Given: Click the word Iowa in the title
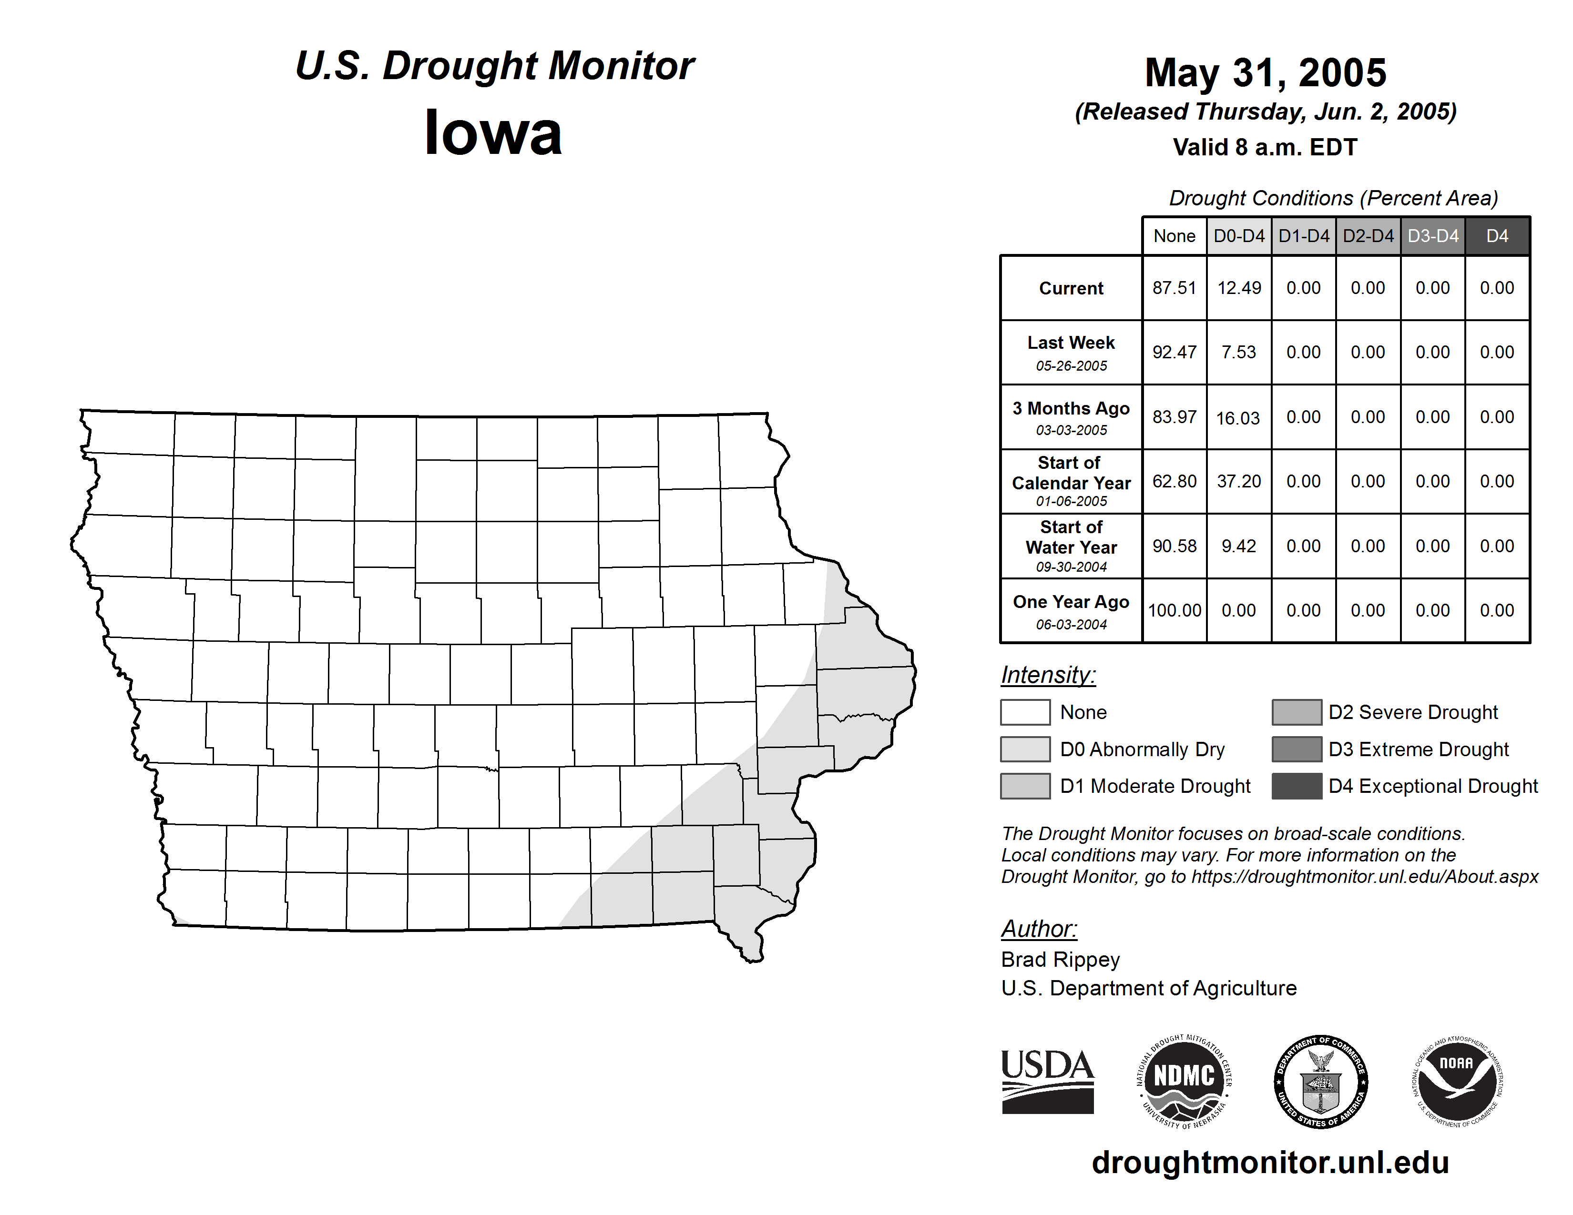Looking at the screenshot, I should (493, 133).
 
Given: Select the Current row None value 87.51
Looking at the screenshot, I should (1174, 288).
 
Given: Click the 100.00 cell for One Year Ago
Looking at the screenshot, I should (1174, 610).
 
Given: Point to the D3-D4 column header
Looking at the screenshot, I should (1432, 236).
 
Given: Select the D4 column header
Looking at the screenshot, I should (1497, 236).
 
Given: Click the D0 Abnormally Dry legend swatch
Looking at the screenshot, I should (1025, 749).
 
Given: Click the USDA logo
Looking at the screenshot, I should (1047, 1081).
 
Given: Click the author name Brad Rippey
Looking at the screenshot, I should (1060, 960).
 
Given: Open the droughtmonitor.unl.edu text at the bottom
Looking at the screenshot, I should (1270, 1163).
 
